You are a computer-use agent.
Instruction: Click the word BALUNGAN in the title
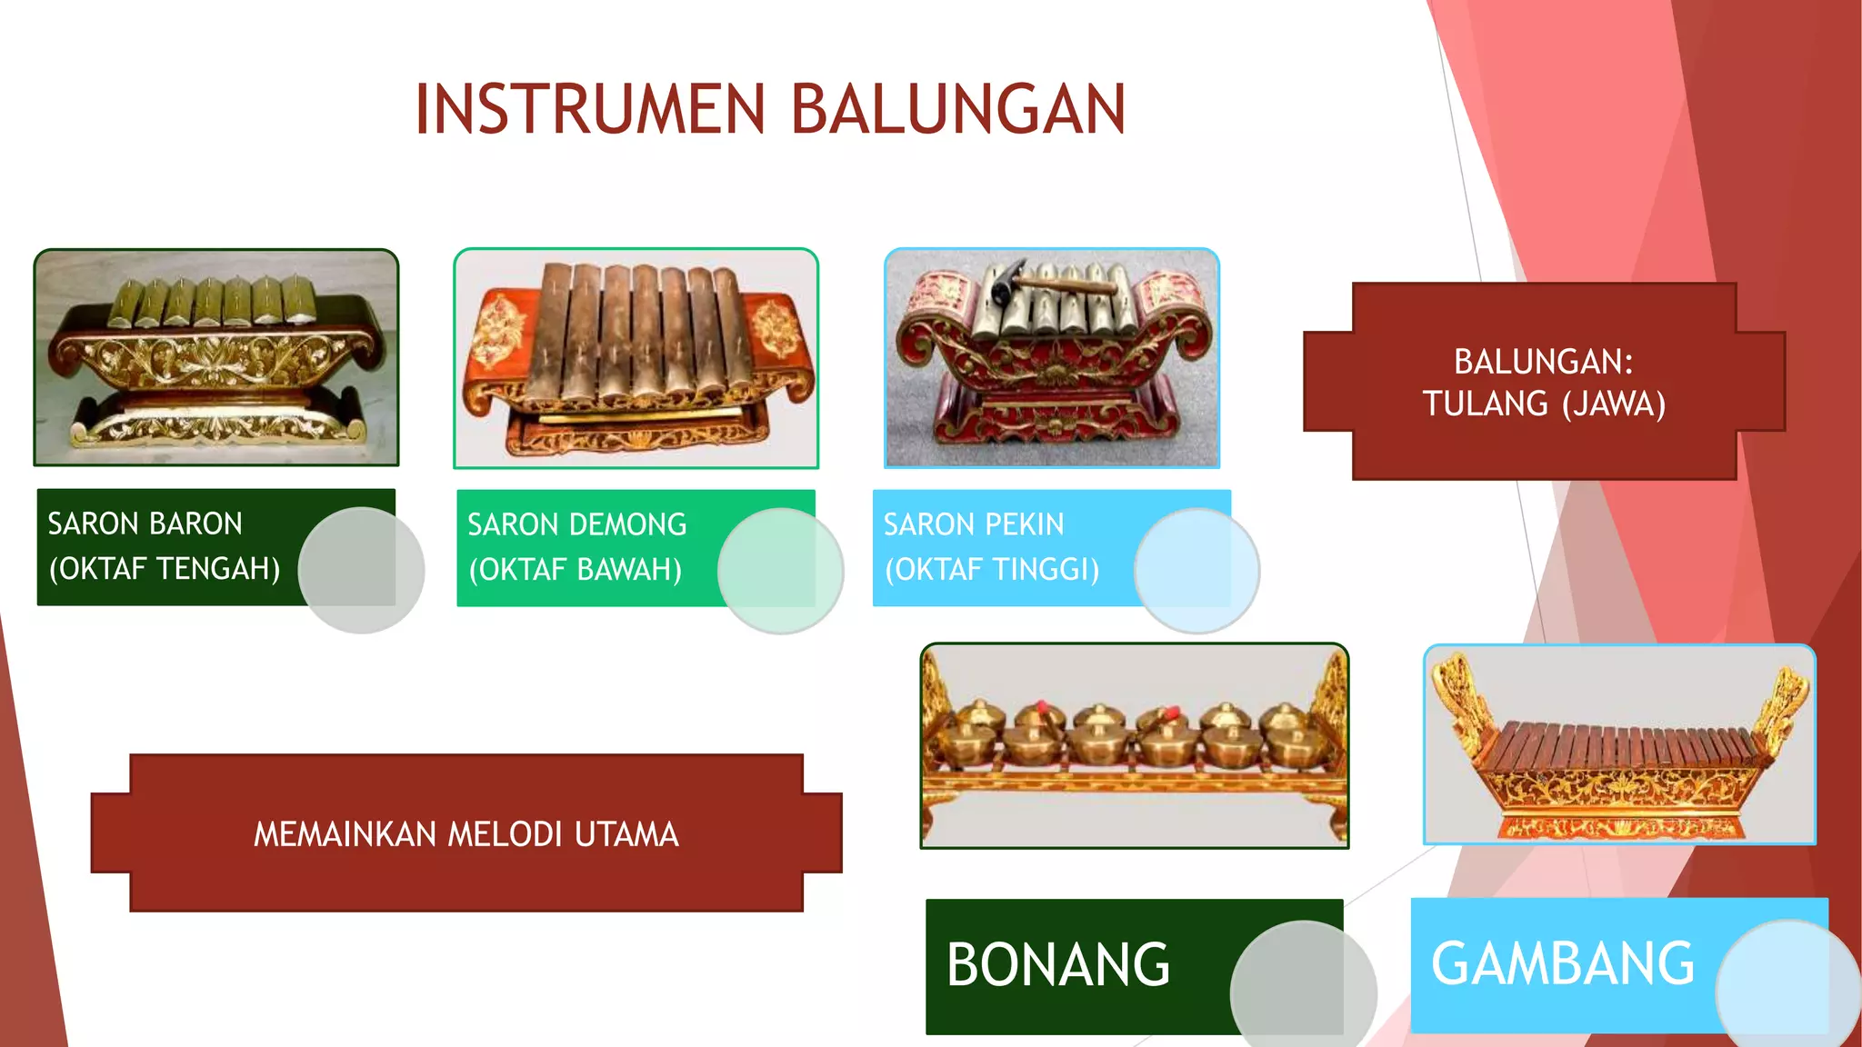pos(958,110)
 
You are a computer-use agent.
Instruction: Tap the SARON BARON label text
pos(145,524)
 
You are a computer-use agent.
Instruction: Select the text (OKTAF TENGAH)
pos(165,569)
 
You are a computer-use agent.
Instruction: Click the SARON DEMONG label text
pos(576,525)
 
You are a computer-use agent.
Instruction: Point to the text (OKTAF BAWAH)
pos(575,570)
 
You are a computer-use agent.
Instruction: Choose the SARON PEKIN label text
pos(973,525)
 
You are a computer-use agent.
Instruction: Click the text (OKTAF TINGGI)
pos(992,570)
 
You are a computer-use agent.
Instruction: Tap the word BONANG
pos(1058,965)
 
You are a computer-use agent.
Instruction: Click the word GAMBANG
pos(1562,964)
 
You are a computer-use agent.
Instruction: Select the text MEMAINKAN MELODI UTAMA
pos(465,834)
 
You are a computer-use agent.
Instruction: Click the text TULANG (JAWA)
pos(1544,404)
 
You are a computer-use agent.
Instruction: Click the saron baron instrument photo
pos(216,358)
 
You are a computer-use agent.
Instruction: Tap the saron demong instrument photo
pos(636,358)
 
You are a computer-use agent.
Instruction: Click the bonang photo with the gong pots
pos(1134,746)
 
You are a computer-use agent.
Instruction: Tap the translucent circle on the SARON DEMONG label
pos(780,571)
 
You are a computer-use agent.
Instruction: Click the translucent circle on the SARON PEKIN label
pos(1196,571)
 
